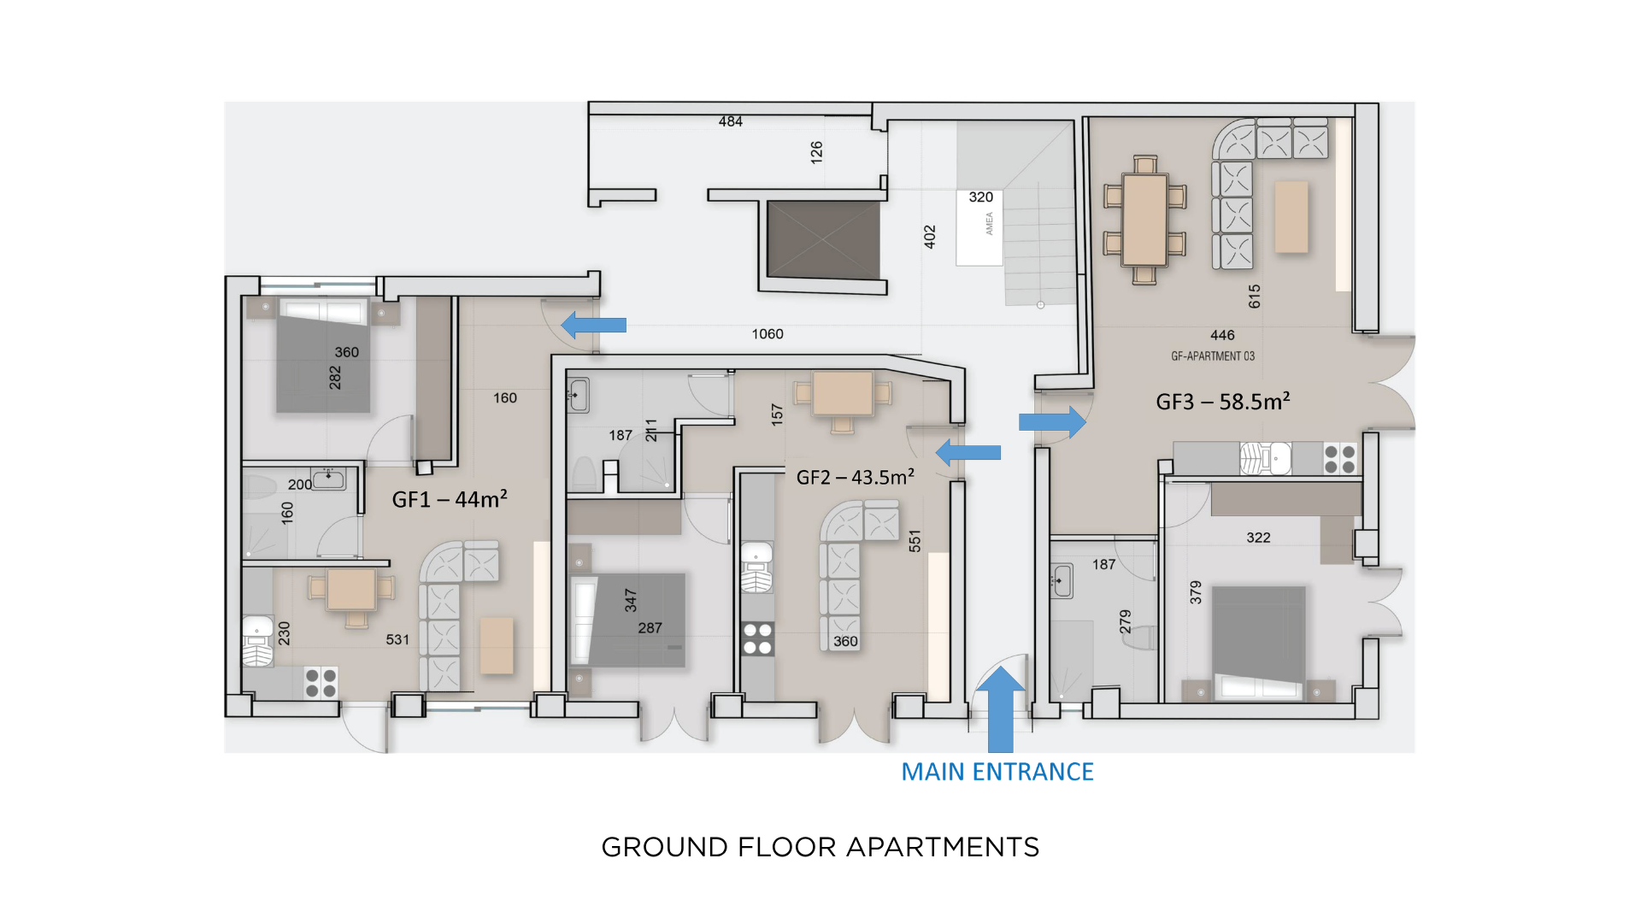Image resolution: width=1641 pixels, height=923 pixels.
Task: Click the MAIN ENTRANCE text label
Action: [997, 772]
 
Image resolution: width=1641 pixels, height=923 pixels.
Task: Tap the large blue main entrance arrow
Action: [1000, 709]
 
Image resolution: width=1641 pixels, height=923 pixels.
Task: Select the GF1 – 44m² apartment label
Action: [450, 499]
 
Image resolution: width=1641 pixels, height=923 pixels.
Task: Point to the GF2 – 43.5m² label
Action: [856, 477]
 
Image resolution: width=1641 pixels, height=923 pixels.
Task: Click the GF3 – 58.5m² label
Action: [1223, 402]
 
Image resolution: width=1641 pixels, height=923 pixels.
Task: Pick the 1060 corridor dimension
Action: [768, 334]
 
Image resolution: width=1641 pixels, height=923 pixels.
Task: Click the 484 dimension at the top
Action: [731, 121]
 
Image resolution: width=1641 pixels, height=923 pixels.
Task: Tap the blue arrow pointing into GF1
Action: [593, 325]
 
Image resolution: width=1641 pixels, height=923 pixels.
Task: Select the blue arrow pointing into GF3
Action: [1052, 421]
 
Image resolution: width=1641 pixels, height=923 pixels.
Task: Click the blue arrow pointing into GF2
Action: [968, 452]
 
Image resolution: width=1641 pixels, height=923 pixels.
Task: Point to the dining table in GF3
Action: [1145, 220]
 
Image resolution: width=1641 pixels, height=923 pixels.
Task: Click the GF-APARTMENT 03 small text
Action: [1213, 356]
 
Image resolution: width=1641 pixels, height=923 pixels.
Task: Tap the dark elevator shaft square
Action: [823, 240]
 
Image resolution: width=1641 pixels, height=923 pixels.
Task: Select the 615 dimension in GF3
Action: [1254, 297]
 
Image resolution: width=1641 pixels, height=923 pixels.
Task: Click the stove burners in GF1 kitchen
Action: [321, 684]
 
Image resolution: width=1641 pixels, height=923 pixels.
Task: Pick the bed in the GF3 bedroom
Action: [1259, 641]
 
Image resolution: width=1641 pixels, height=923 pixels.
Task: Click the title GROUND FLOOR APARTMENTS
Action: [820, 847]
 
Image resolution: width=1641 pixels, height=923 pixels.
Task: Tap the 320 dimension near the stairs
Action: [981, 197]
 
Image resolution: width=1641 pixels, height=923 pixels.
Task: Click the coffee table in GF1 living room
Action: [497, 645]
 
